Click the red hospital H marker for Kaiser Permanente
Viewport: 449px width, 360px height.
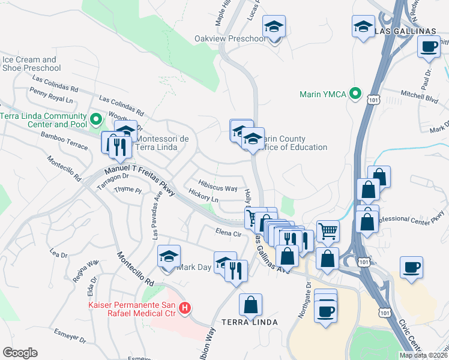point(185,308)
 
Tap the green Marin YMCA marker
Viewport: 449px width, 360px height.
point(355,94)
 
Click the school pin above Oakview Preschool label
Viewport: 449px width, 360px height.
point(274,28)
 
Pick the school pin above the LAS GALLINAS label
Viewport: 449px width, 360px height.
point(363,26)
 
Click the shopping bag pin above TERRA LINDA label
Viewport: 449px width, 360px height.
point(250,305)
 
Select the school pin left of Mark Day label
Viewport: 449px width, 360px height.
point(169,256)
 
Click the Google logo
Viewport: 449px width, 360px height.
point(19,353)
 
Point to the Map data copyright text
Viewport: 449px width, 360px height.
point(423,355)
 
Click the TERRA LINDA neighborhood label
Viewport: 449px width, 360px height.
point(250,322)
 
